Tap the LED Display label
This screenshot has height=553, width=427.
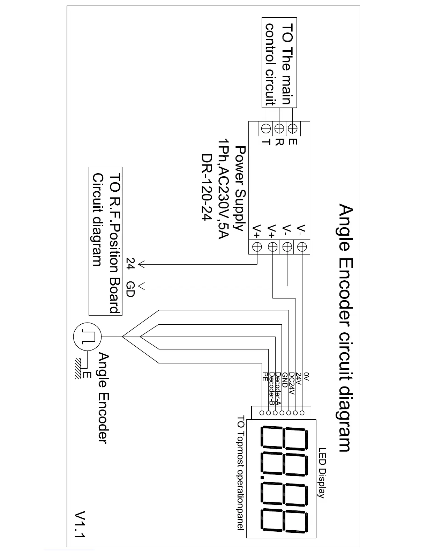[x=322, y=473]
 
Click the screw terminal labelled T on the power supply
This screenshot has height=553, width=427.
[x=266, y=128]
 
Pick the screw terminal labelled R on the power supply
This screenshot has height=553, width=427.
[x=279, y=128]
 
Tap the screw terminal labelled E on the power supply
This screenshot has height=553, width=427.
[x=293, y=128]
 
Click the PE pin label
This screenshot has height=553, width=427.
[x=265, y=376]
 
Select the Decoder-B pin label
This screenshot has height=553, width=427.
[x=271, y=389]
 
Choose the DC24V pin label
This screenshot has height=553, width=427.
[x=292, y=384]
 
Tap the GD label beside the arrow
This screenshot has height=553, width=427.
[x=130, y=289]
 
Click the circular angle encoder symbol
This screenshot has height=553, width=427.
[x=87, y=337]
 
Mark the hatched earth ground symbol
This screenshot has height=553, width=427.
[x=77, y=369]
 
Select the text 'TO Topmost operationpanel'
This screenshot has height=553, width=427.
[x=241, y=473]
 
